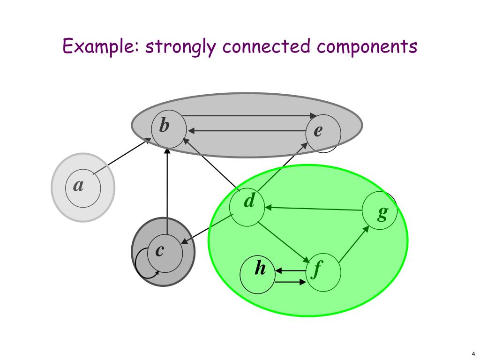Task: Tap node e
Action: [323, 132]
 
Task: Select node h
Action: [257, 274]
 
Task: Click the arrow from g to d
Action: [314, 208]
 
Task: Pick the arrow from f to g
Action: [353, 244]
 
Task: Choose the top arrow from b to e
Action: [248, 115]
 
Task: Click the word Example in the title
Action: [99, 47]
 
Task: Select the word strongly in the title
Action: [181, 47]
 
